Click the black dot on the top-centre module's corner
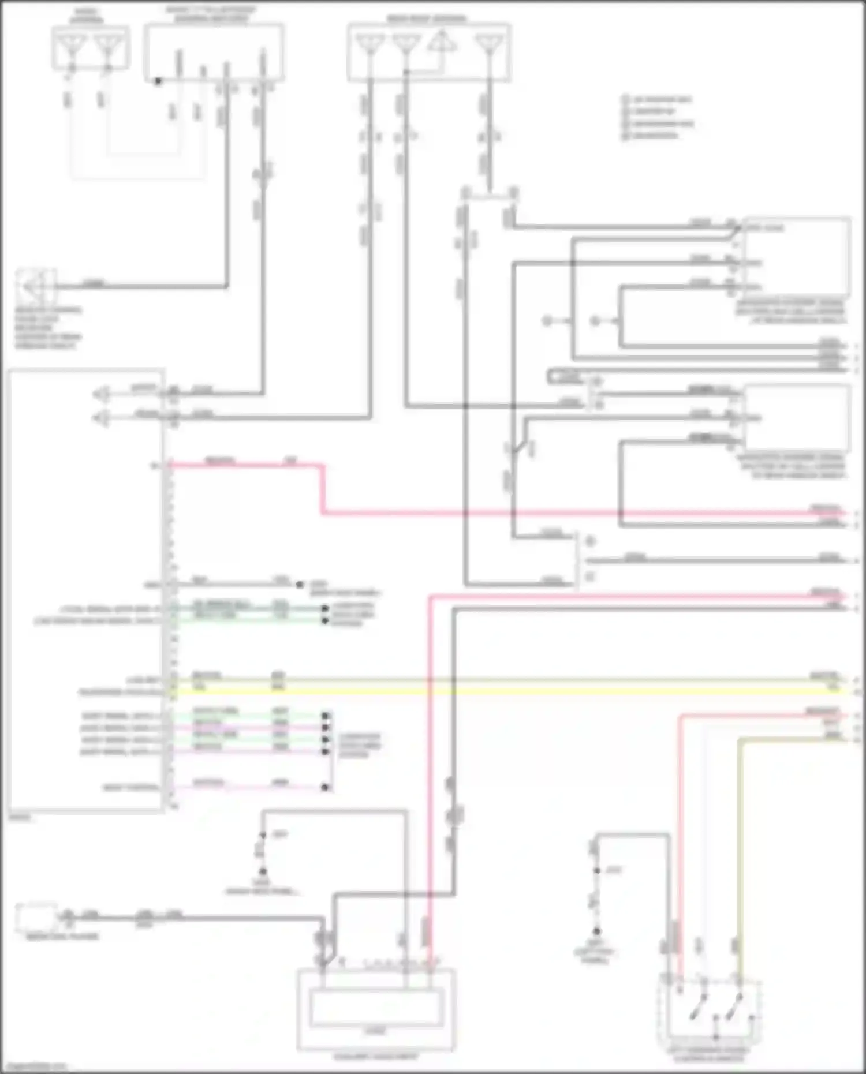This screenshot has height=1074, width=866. tap(158, 81)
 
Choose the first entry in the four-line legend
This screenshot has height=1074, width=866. tap(658, 99)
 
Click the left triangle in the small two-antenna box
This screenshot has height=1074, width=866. tap(73, 45)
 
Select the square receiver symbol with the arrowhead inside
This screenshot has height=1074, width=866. tap(35, 286)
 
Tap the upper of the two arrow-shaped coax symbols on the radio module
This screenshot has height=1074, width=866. tap(102, 395)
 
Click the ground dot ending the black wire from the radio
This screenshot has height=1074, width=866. tap(300, 585)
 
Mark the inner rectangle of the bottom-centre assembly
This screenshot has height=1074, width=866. tap(376, 1007)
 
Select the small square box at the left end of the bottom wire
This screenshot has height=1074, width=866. tap(36, 916)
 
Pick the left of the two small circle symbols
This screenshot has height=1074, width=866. tap(547, 321)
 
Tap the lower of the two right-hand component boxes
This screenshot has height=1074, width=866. tap(797, 418)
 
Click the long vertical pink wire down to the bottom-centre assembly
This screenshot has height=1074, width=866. tap(430, 750)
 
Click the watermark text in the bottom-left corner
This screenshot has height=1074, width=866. tap(35, 1067)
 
